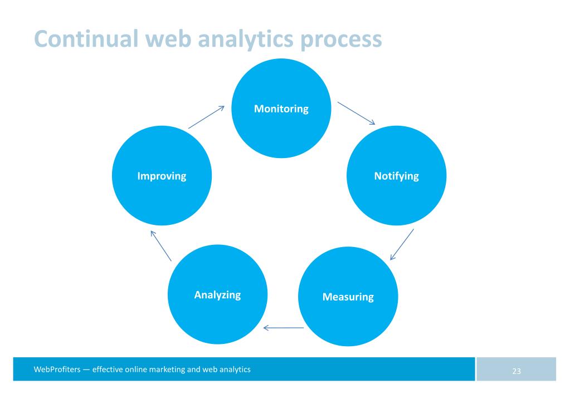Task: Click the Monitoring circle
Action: (281, 109)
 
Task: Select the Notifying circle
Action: (397, 176)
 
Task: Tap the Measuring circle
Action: (348, 297)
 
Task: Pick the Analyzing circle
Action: (217, 294)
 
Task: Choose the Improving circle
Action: (162, 176)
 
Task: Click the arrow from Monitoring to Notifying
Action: (357, 113)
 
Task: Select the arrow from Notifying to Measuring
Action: (402, 244)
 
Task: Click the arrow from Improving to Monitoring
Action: (206, 117)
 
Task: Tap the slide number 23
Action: (517, 371)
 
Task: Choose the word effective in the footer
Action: (108, 370)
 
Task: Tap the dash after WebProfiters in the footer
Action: (86, 370)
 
